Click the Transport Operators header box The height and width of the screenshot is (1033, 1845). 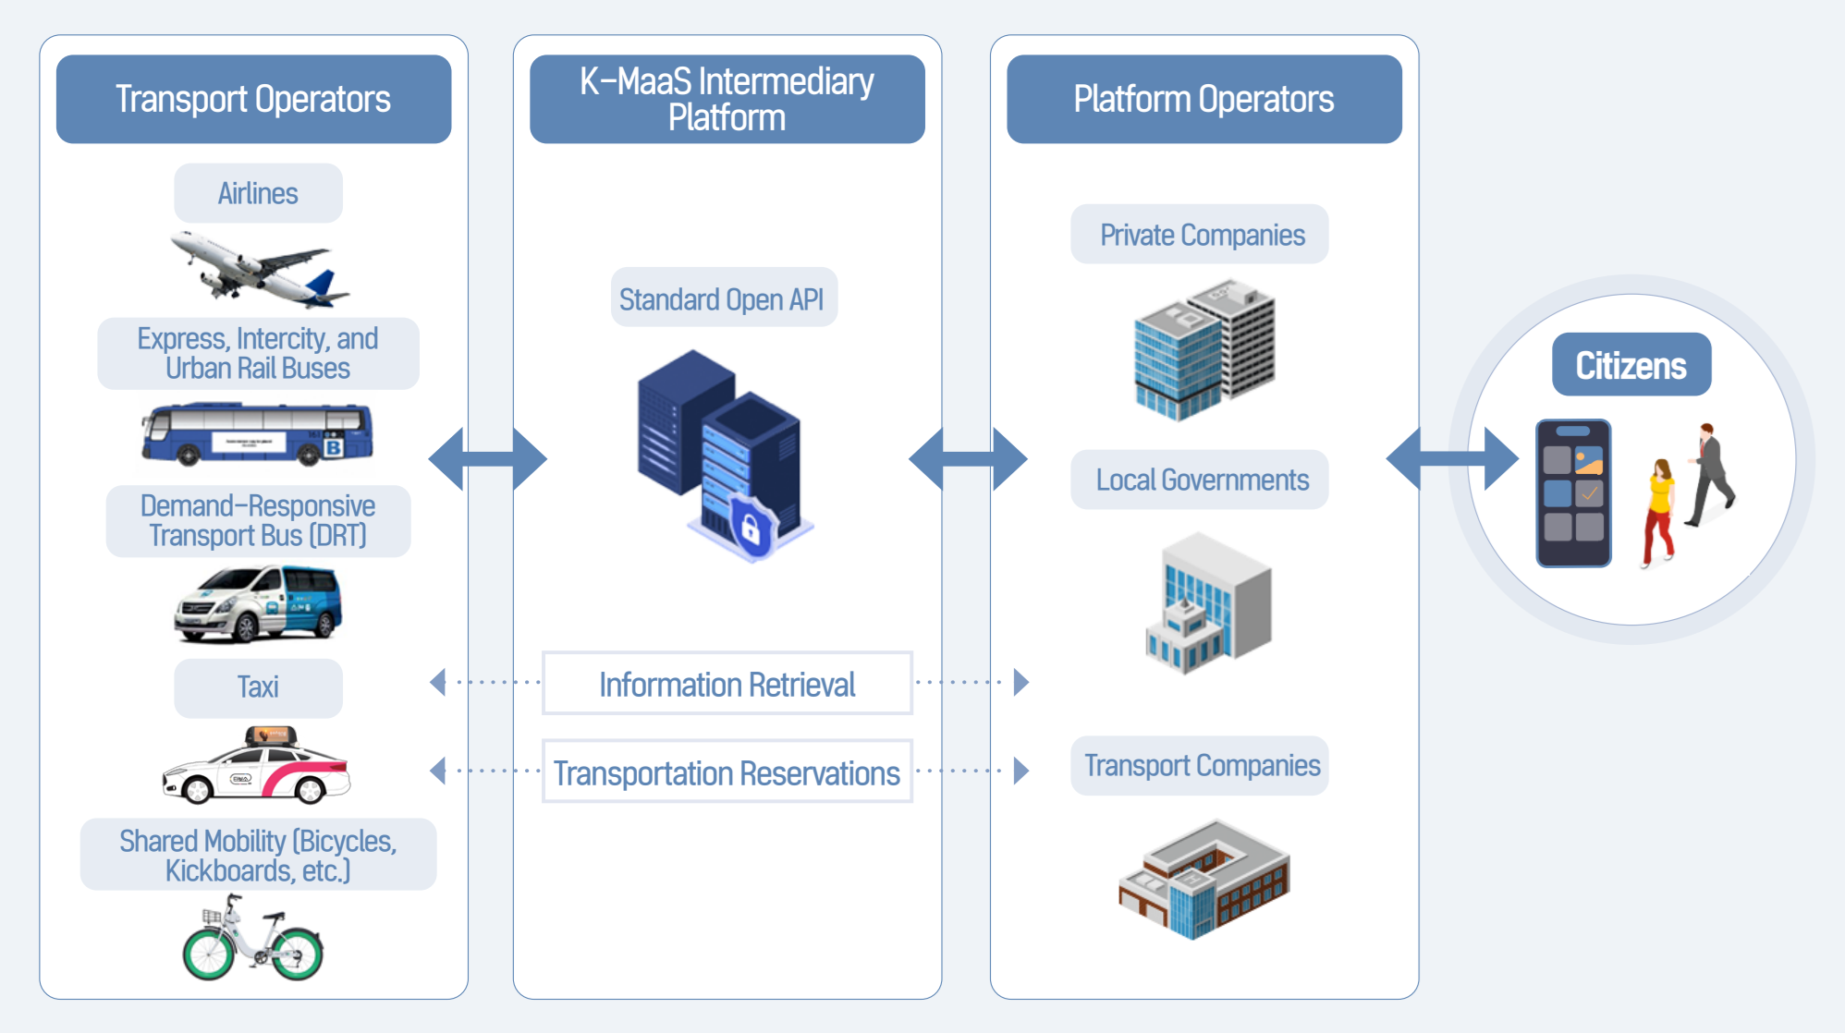coord(253,99)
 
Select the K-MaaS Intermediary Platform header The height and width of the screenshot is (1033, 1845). coord(727,99)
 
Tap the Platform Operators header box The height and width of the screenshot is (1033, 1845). coord(1204,99)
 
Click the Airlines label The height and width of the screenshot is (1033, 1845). coord(258,193)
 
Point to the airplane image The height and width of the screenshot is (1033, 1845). coord(259,269)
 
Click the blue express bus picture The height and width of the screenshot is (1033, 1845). coord(257,433)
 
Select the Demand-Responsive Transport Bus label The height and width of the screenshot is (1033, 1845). coord(258,521)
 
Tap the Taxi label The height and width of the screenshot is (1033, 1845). coord(258,687)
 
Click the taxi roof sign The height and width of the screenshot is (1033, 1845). coord(271,735)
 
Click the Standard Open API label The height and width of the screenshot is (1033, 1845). coord(723,298)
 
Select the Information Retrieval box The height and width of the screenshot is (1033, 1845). coord(727,684)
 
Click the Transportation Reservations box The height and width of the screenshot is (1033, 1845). coord(727,772)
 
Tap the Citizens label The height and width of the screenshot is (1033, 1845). coord(1631,365)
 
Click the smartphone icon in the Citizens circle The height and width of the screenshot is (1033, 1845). coord(1573,492)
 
